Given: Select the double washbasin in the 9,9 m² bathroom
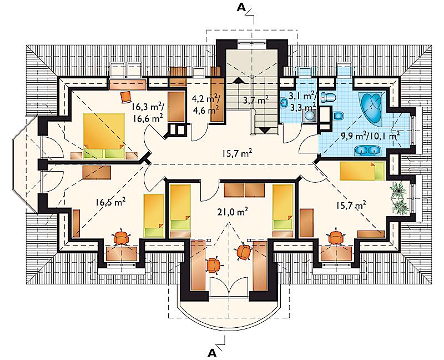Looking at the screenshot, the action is point(368,151).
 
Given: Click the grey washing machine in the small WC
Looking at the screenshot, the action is point(309,116).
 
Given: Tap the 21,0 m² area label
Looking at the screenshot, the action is point(231,211).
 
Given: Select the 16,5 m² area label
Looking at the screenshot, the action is point(110,202).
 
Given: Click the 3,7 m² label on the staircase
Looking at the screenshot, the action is point(256,100).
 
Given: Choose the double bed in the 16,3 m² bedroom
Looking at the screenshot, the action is point(104,136).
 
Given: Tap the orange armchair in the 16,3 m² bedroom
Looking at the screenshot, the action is point(127,97).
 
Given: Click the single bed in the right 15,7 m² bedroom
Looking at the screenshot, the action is point(362,171).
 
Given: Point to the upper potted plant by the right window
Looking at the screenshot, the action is point(398,190).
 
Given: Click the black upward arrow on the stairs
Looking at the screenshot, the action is point(239,80).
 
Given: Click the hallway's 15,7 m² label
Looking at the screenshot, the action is point(237,153).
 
